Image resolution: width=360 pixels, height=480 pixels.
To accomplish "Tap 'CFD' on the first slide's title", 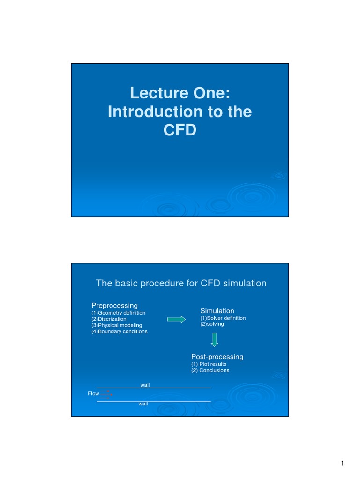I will (x=180, y=130).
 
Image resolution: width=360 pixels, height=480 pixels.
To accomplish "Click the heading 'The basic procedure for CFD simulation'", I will (x=181, y=283).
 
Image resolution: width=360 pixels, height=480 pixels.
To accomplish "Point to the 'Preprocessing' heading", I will (x=114, y=306).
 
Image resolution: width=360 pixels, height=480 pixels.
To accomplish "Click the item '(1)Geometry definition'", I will (x=118, y=313).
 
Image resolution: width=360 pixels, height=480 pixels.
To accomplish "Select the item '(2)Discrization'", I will (x=109, y=319).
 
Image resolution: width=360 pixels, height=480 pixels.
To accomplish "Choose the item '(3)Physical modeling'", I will (x=117, y=325).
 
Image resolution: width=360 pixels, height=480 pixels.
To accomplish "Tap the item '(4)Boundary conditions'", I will (x=120, y=331).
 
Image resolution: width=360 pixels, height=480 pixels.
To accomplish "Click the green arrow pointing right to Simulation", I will (x=176, y=319).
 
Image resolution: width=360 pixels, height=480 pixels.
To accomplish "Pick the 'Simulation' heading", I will (x=217, y=311).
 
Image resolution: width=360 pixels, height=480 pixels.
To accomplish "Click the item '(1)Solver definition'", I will (x=223, y=318).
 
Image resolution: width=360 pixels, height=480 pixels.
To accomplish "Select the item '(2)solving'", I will (x=212, y=324).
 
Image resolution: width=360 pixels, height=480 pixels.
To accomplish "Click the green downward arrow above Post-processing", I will (x=214, y=339).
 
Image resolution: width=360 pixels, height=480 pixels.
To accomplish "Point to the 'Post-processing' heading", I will (x=217, y=357).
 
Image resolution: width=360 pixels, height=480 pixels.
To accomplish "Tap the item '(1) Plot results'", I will (x=209, y=364).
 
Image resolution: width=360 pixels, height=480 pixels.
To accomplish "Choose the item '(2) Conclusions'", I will (x=210, y=370).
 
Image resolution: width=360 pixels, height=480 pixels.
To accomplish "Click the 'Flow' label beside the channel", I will (x=94, y=393).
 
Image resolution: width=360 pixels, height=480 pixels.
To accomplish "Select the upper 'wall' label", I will (x=145, y=385).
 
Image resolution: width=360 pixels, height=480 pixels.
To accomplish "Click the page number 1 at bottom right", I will (x=343, y=464).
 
